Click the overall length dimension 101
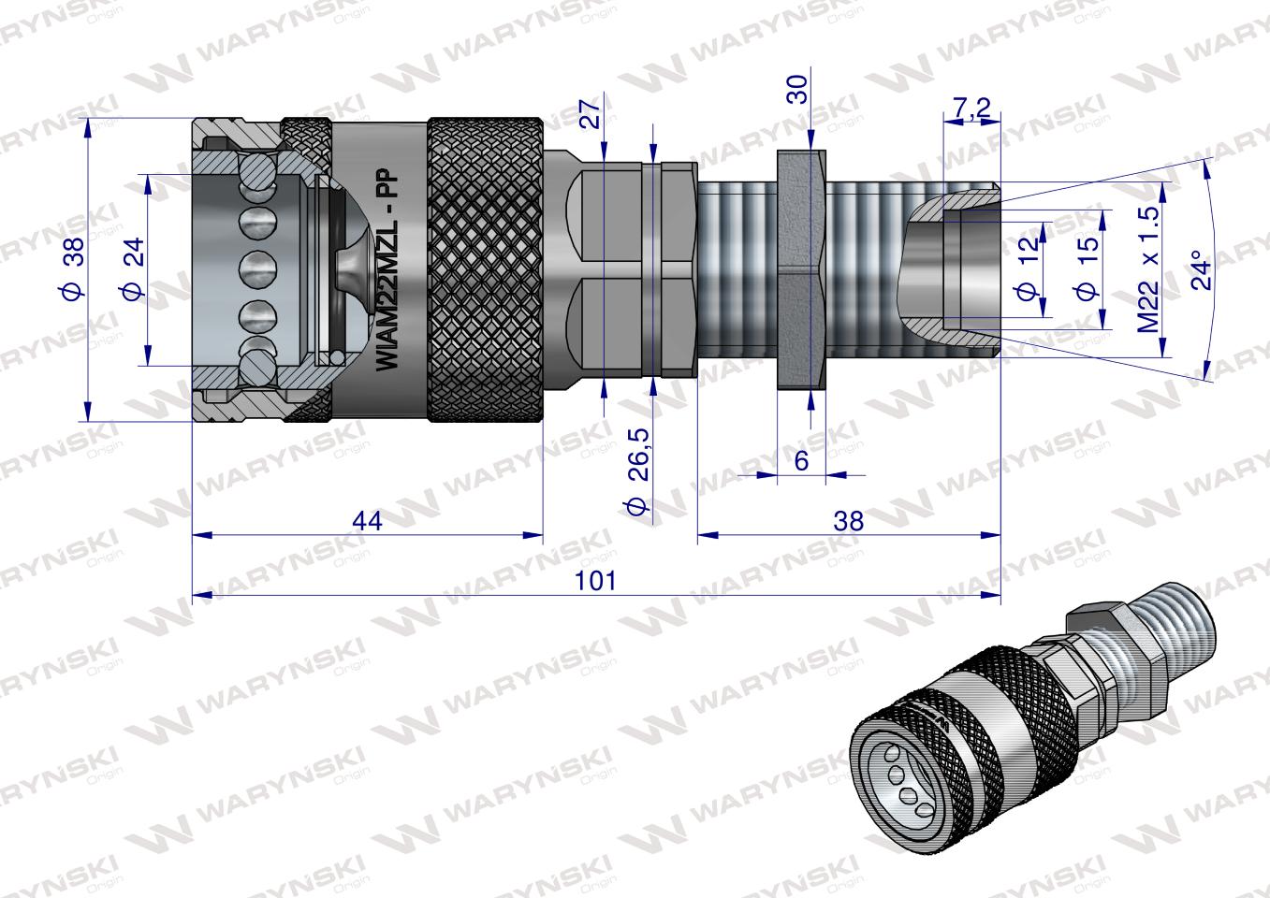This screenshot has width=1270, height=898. pyautogui.click(x=596, y=580)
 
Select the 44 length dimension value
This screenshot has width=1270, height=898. pyautogui.click(x=368, y=520)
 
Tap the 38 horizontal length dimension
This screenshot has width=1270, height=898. pyautogui.click(x=848, y=520)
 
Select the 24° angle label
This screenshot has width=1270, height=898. pyautogui.click(x=1202, y=269)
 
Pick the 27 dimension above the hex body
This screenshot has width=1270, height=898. pyautogui.click(x=590, y=115)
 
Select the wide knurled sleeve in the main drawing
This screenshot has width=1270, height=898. pyautogui.click(x=487, y=271)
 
